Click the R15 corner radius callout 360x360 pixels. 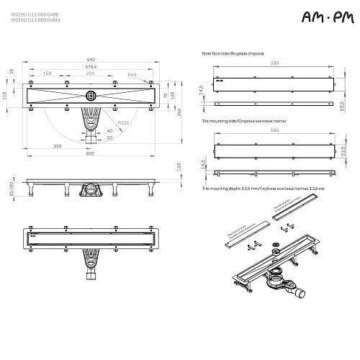(x=133, y=73)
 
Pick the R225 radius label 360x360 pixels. (x=124, y=123)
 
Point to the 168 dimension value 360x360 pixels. (x=48, y=73)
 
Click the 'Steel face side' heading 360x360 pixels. (x=234, y=53)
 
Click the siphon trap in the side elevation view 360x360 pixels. (x=91, y=190)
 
